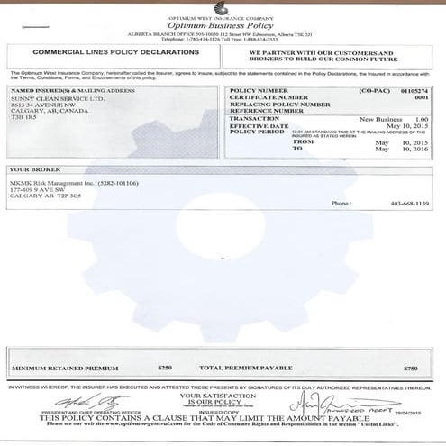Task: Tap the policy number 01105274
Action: pos(414,90)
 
